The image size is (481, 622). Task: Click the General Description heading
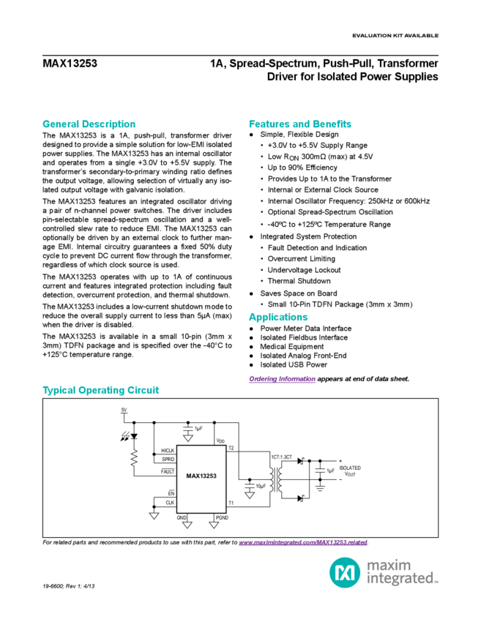pyautogui.click(x=89, y=124)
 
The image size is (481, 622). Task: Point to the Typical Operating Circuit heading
pyautogui.click(x=100, y=390)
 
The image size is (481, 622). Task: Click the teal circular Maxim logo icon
pyautogui.click(x=340, y=569)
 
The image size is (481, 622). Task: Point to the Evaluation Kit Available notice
pyautogui.click(x=395, y=35)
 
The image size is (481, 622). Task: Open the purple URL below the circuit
pyautogui.click(x=302, y=543)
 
